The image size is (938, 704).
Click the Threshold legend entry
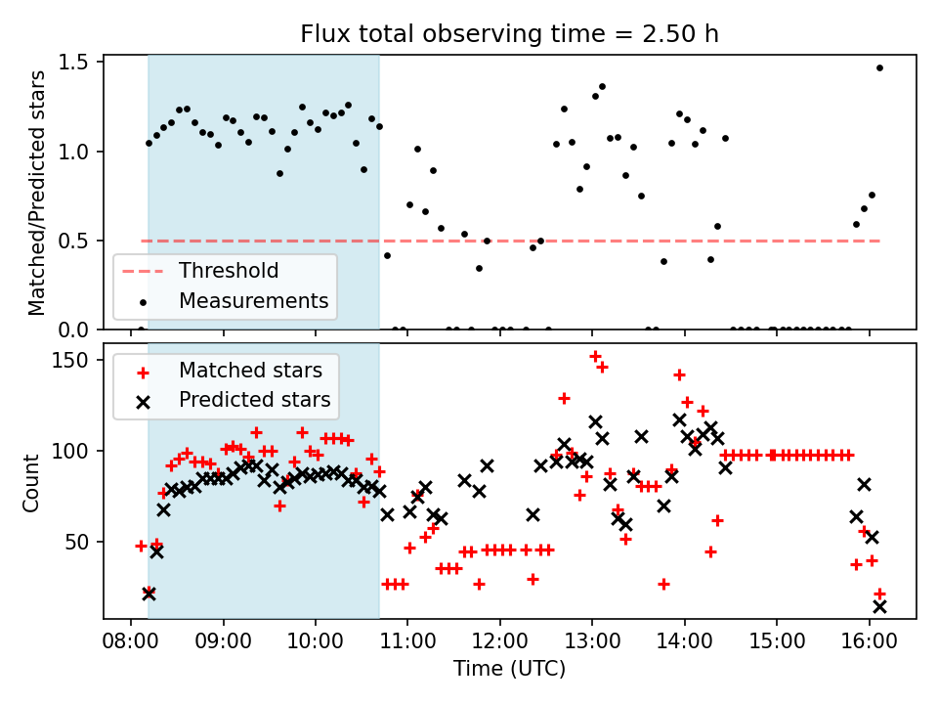[x=228, y=271]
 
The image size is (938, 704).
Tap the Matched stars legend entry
[x=251, y=371]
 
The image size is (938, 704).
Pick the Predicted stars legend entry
[x=254, y=400]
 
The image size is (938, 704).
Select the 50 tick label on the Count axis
[x=81, y=542]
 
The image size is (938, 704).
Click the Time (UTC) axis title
[x=509, y=670]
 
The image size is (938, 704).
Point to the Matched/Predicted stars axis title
[x=37, y=193]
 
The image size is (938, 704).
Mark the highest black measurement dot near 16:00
[x=879, y=68]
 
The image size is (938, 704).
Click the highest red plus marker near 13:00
[x=594, y=357]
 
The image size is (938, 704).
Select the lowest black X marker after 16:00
[x=879, y=606]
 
